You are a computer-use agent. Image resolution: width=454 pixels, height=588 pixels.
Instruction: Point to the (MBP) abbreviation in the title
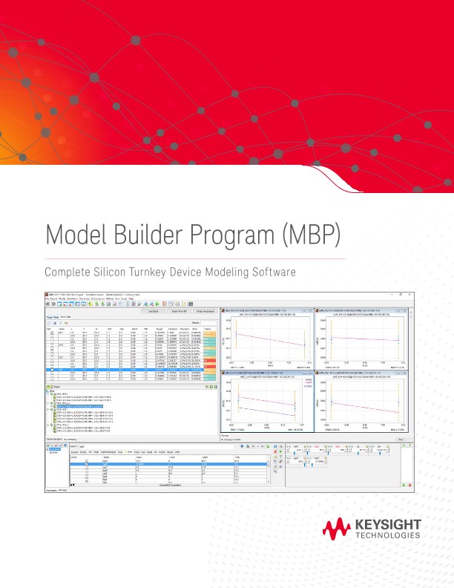tap(311, 236)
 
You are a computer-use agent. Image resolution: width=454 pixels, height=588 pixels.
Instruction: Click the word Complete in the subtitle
tap(68, 272)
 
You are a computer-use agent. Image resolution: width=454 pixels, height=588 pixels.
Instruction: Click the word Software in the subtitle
tap(273, 272)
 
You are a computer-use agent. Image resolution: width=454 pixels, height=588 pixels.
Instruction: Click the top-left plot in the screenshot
tap(266, 339)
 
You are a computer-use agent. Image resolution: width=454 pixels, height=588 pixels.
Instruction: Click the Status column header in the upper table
tap(208, 327)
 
